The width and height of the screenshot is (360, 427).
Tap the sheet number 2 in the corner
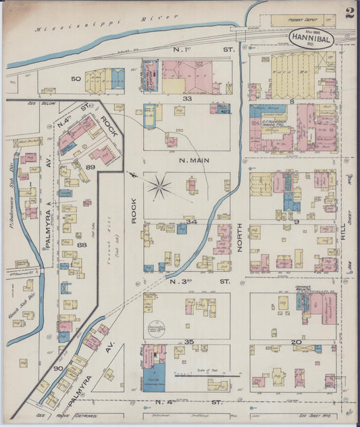pos(349,13)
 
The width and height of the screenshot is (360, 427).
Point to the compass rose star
pos(159,187)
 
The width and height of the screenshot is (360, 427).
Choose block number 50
pos(76,78)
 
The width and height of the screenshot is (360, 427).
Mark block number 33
pos(187,99)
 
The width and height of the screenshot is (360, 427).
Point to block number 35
pos(189,342)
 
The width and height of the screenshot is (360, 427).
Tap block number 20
pos(295,342)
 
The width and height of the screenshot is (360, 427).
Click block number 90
pos(57,368)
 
